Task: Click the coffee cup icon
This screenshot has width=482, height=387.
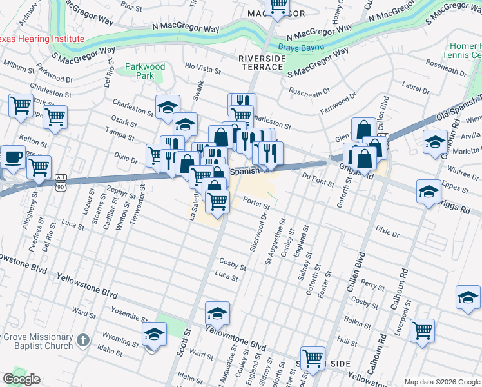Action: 12,157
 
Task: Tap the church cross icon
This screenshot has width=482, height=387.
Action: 82,340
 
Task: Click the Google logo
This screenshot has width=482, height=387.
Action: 21,379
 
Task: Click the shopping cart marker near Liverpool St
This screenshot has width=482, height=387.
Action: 422,330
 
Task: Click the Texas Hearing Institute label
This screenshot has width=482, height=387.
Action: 42,39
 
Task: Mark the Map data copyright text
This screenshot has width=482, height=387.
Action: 442,382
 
